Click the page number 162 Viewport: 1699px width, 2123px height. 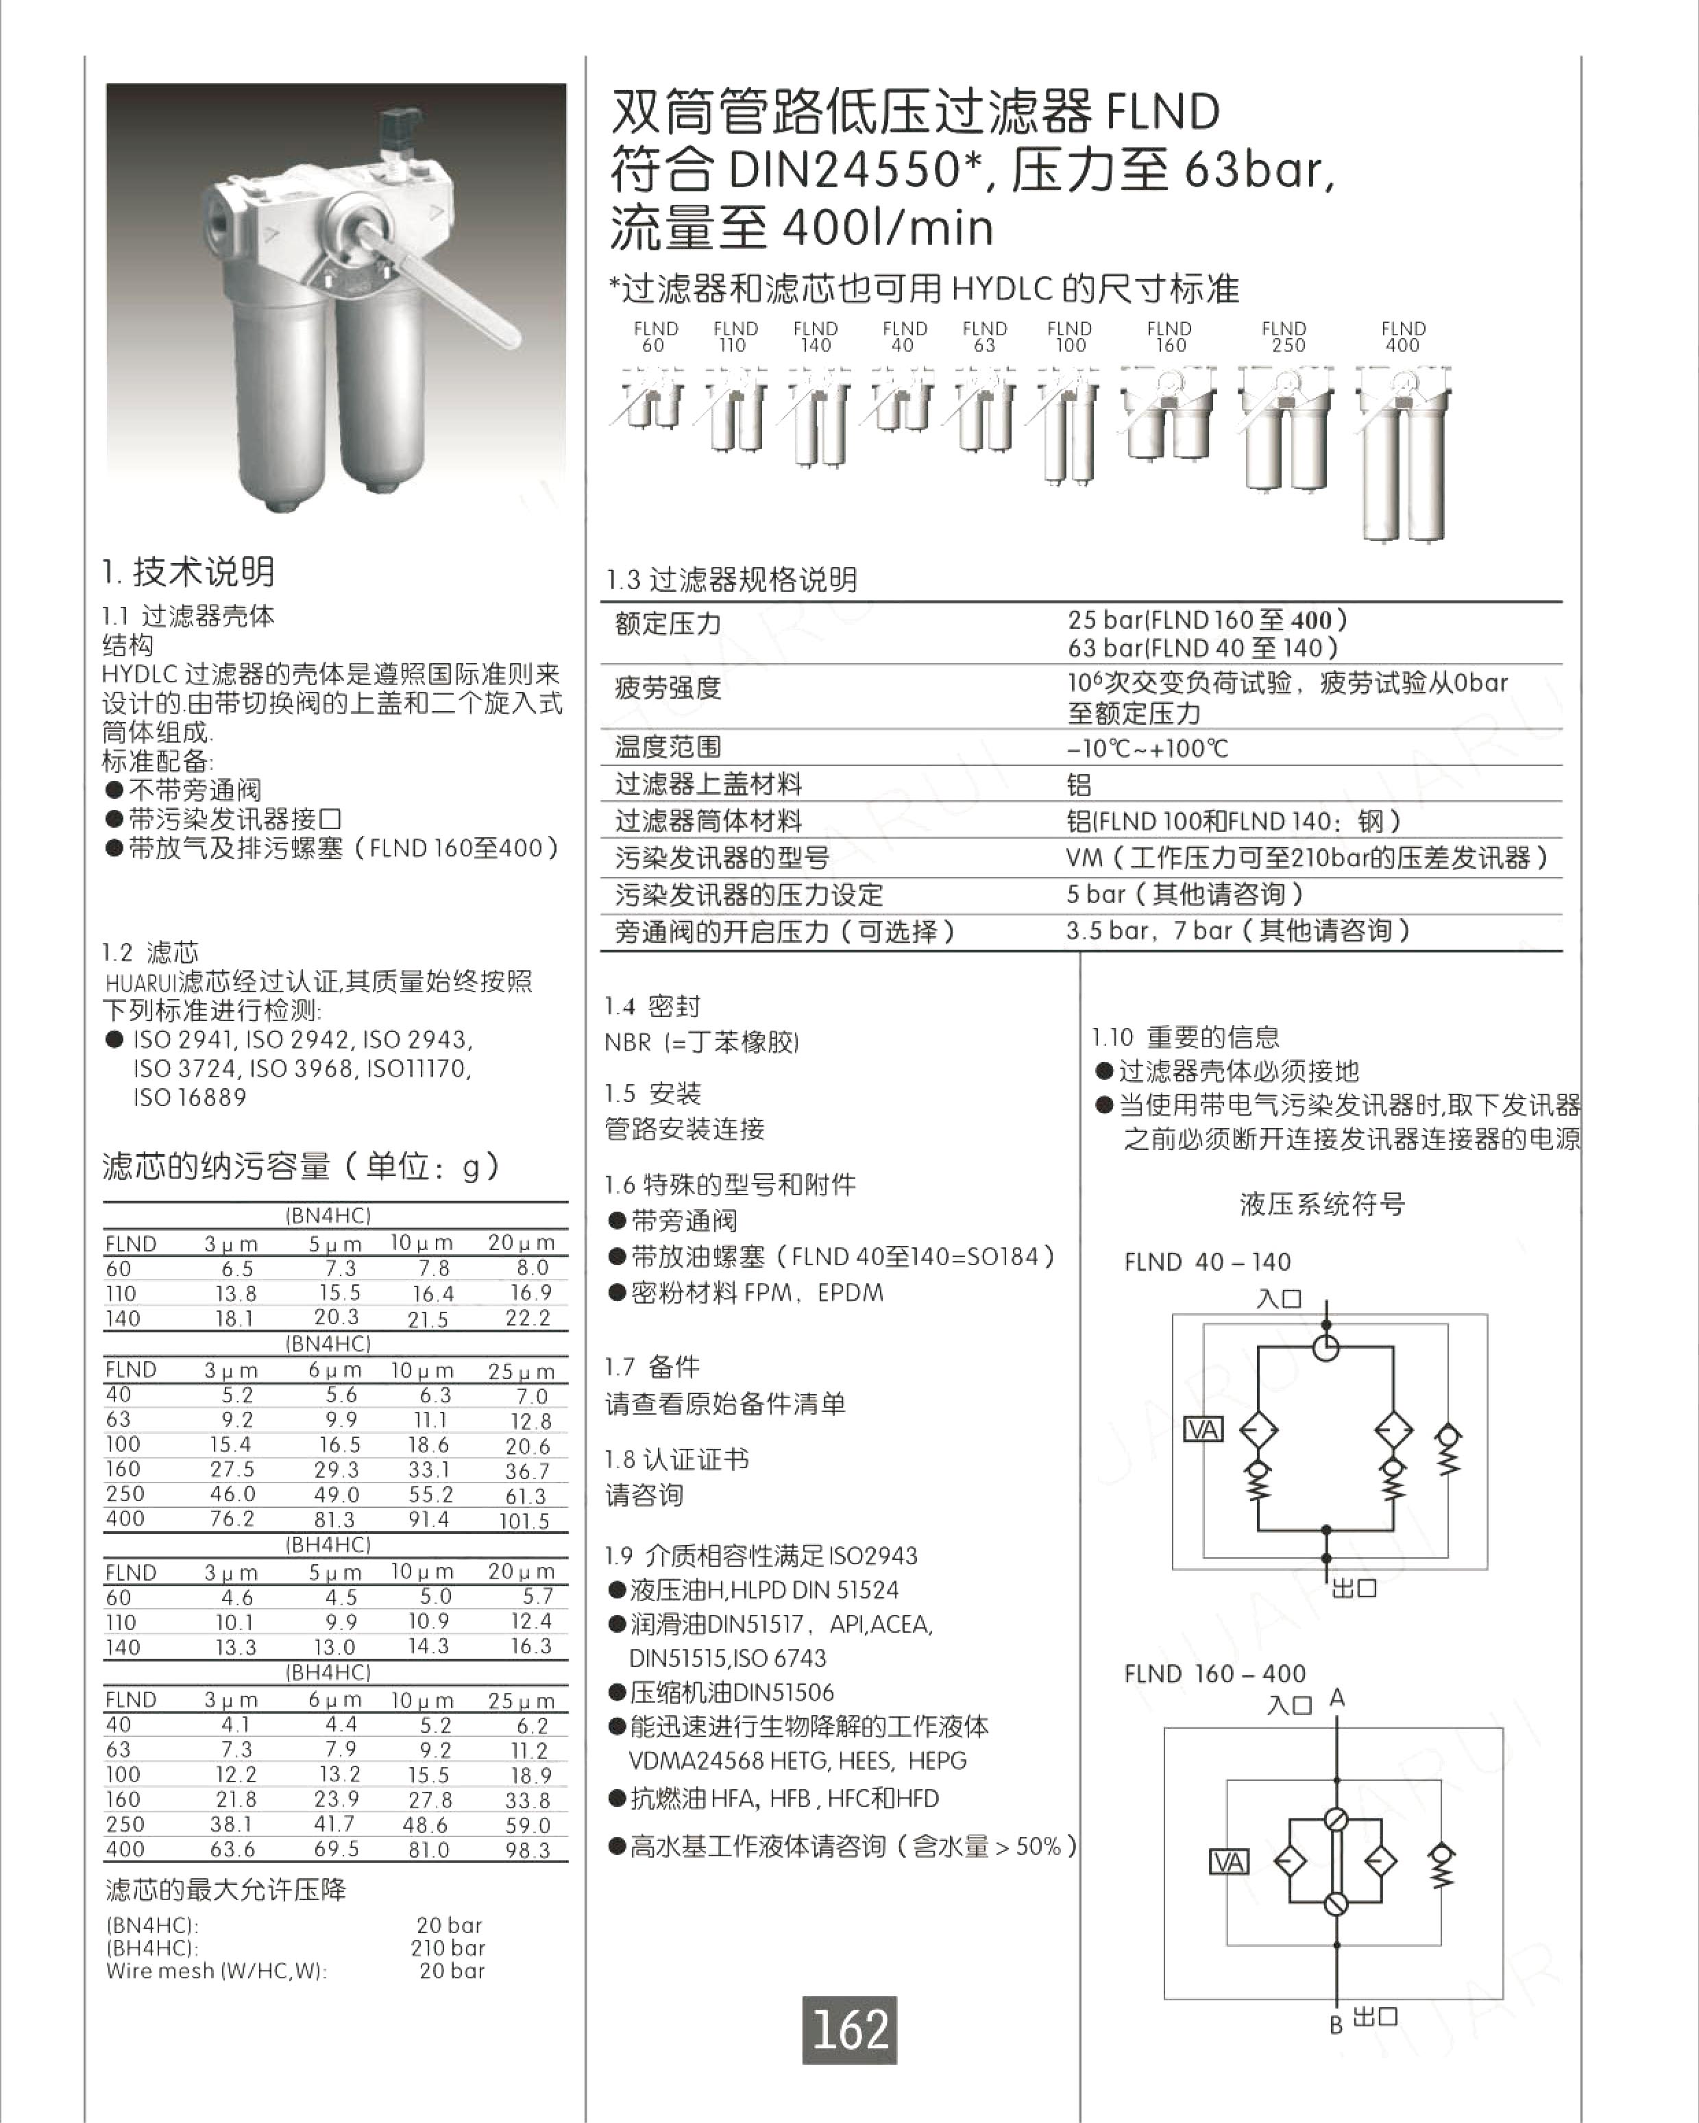pyautogui.click(x=850, y=2030)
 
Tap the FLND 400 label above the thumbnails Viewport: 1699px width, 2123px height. pyautogui.click(x=1403, y=337)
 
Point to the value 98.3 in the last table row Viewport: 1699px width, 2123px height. pyautogui.click(x=528, y=1850)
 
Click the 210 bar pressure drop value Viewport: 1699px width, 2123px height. pyautogui.click(x=448, y=1947)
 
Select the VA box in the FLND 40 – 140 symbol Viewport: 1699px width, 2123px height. pyautogui.click(x=1203, y=1429)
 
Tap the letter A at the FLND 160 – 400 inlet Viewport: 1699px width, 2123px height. pyautogui.click(x=1336, y=1698)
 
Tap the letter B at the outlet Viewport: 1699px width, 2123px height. pyautogui.click(x=1336, y=2026)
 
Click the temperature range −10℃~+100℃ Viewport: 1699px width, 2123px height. pyautogui.click(x=1148, y=748)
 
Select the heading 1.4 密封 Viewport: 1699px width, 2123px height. pyautogui.click(x=652, y=1007)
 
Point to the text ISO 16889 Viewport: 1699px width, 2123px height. pyautogui.click(x=190, y=1097)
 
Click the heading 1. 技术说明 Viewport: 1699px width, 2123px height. pyautogui.click(x=188, y=572)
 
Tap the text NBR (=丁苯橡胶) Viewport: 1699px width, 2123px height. pyautogui.click(x=701, y=1042)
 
